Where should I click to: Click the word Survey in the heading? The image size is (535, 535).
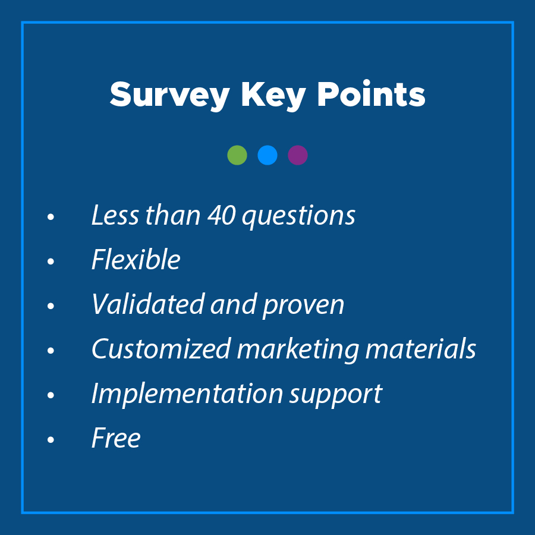(x=169, y=96)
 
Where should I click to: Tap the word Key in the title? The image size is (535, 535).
(x=273, y=96)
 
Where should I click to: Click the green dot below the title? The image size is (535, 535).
(x=237, y=155)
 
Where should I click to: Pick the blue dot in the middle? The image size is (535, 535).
(x=267, y=155)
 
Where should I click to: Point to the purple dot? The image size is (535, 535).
(x=298, y=155)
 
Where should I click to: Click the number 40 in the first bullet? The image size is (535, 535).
(x=222, y=216)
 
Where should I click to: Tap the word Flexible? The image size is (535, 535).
(x=136, y=259)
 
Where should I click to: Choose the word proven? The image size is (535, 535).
(x=303, y=306)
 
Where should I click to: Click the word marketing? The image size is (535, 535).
(x=298, y=350)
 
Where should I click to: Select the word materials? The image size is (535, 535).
(x=420, y=348)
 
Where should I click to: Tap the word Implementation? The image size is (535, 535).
(x=187, y=395)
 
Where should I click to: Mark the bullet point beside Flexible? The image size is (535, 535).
(x=51, y=262)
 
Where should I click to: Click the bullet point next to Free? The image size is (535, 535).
(x=51, y=439)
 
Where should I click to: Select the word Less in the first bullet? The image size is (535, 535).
(x=115, y=215)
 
